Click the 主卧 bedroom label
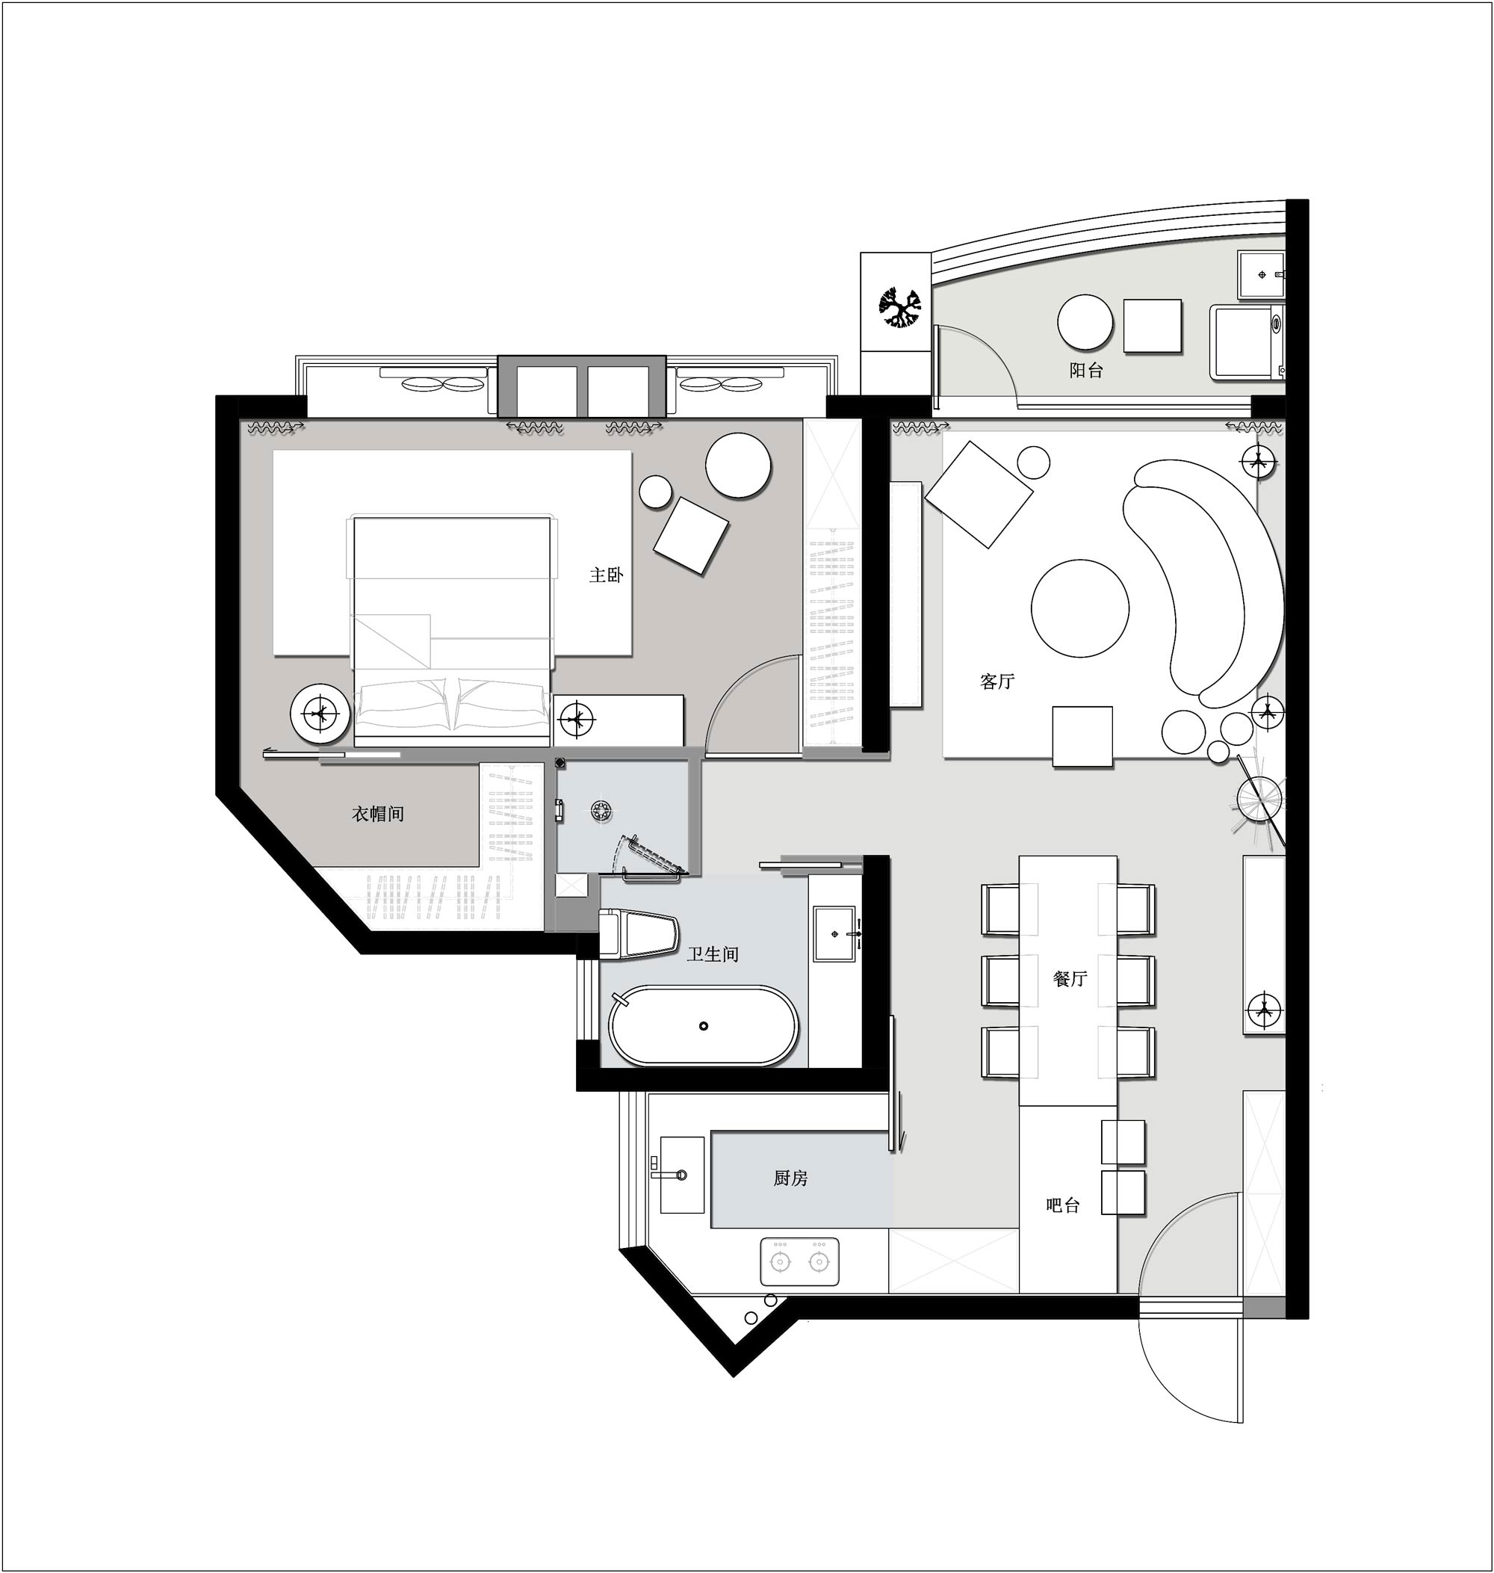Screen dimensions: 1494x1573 coord(606,575)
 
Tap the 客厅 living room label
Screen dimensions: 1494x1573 coord(997,681)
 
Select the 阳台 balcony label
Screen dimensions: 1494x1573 coord(1086,371)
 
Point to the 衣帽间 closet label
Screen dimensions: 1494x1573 coord(378,814)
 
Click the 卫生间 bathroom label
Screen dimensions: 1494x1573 coord(713,954)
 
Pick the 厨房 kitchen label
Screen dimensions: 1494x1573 coord(791,1178)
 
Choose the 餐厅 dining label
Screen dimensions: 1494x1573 coord(1070,979)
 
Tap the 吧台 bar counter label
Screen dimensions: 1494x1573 coord(1063,1205)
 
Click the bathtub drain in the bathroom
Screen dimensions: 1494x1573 coord(703,1026)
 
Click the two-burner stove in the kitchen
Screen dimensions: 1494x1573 coord(799,1261)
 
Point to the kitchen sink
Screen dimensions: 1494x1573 coord(682,1175)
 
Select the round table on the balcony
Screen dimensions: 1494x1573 coord(1085,323)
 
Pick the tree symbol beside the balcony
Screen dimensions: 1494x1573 coord(901,306)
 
